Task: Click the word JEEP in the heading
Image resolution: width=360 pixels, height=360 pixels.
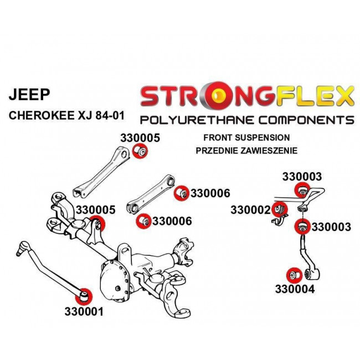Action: tap(28, 95)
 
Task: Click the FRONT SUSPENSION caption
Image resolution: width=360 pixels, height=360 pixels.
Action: tap(246, 137)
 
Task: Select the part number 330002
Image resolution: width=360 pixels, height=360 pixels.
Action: tap(250, 210)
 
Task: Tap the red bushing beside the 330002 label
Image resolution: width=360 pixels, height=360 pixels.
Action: tap(280, 210)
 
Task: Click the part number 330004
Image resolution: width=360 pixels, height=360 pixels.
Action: tap(294, 289)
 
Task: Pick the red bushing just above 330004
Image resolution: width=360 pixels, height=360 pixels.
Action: tap(293, 274)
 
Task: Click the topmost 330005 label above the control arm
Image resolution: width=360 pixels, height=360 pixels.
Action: tap(140, 138)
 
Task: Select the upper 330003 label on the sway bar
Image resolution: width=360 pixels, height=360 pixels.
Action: tap(302, 177)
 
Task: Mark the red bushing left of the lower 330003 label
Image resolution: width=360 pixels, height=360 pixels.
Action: tap(302, 227)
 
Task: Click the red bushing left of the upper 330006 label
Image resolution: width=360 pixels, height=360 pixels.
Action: tap(181, 193)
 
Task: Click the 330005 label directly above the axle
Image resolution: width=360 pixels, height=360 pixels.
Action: tap(95, 210)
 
